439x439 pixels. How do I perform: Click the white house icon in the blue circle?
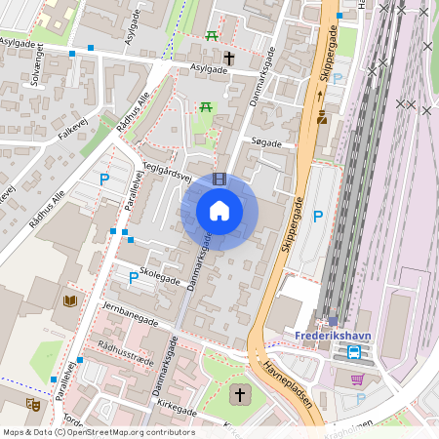[x=219, y=211]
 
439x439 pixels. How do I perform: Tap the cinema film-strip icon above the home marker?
[x=219, y=179]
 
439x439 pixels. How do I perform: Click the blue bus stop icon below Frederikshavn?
[x=355, y=352]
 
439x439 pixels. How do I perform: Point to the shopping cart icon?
[x=358, y=379]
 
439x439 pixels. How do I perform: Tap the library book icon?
[x=70, y=300]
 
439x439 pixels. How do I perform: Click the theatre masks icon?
[x=32, y=403]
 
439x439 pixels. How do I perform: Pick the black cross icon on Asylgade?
[x=229, y=59]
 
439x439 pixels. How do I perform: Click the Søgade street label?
[x=266, y=143]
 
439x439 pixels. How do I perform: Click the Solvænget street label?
[x=38, y=71]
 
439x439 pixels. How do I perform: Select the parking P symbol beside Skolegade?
[x=134, y=278]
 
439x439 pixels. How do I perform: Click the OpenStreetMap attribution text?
[x=99, y=432]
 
